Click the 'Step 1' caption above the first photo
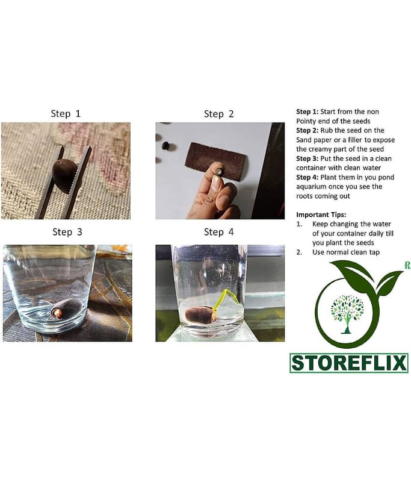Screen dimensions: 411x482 66,113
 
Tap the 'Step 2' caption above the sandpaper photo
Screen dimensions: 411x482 218,114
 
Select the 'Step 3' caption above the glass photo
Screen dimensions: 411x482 67,232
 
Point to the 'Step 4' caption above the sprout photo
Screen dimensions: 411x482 218,232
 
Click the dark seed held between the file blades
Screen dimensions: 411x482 64,176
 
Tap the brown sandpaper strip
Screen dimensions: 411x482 215,159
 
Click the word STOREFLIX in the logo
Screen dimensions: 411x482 348,363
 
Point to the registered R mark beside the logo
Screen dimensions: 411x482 407,265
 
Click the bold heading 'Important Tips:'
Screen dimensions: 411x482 321,214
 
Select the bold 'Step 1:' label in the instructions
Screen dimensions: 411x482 307,111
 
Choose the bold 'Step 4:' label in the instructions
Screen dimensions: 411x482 307,177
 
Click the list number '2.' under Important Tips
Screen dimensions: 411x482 299,252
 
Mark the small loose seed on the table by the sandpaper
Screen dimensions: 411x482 165,145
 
